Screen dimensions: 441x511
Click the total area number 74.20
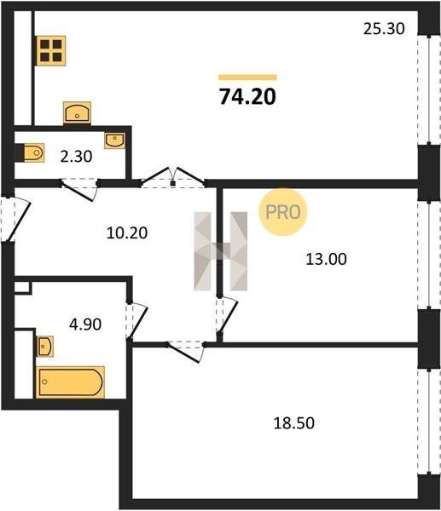pyautogui.click(x=247, y=97)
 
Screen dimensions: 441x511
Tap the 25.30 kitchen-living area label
pyautogui.click(x=384, y=29)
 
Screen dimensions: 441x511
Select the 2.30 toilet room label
pyautogui.click(x=77, y=157)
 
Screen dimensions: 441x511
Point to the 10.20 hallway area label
pyautogui.click(x=127, y=233)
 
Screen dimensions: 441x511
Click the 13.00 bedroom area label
pyautogui.click(x=326, y=260)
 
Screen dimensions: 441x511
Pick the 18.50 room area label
pyautogui.click(x=293, y=423)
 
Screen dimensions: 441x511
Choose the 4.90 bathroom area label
pyautogui.click(x=85, y=324)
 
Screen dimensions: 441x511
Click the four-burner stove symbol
pyautogui.click(x=51, y=50)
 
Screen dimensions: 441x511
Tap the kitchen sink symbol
pyautogui.click(x=77, y=112)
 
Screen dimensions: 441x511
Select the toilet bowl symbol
pyautogui.click(x=30, y=152)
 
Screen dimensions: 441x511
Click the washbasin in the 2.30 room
pyautogui.click(x=114, y=141)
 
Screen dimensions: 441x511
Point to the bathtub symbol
pyautogui.click(x=70, y=382)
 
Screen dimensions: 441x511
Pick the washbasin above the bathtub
pyautogui.click(x=45, y=347)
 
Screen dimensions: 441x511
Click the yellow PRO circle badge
pyautogui.click(x=282, y=212)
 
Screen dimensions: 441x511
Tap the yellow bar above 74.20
pyautogui.click(x=247, y=78)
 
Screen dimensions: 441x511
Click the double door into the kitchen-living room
pyautogui.click(x=172, y=178)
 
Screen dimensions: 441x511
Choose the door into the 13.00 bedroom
pyautogui.click(x=226, y=315)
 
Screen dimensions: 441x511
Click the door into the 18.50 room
pyautogui.click(x=185, y=351)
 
